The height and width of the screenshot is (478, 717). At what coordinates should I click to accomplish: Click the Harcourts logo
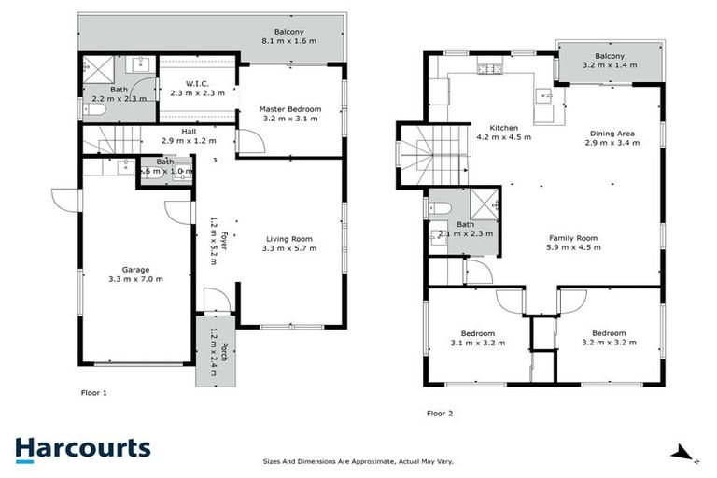pyautogui.click(x=82, y=448)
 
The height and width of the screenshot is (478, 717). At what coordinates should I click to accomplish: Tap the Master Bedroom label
pyautogui.click(x=289, y=110)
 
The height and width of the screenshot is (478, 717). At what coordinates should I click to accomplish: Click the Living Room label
pyautogui.click(x=288, y=239)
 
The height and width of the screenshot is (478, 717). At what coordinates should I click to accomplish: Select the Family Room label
pyautogui.click(x=573, y=239)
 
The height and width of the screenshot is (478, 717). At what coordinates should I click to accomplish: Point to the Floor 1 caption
pyautogui.click(x=93, y=393)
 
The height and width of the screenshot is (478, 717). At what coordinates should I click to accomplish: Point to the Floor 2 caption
pyautogui.click(x=441, y=412)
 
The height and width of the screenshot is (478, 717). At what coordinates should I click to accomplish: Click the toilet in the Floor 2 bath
pyautogui.click(x=441, y=207)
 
